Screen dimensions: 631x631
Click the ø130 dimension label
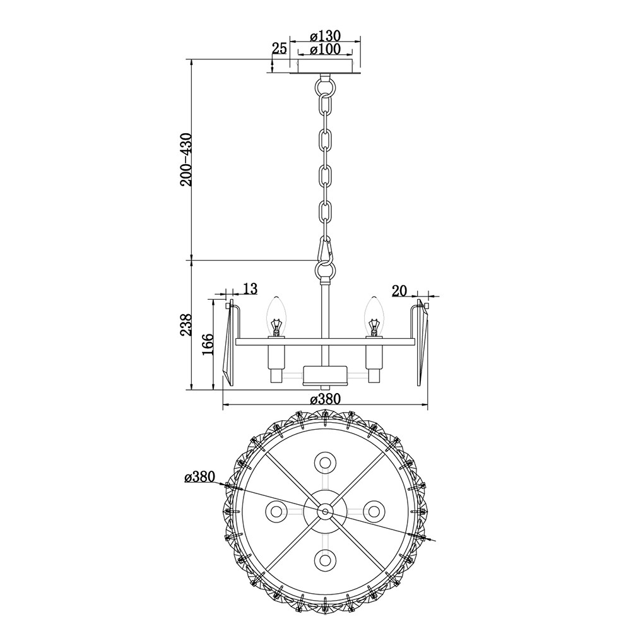325,35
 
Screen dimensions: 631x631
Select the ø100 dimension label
325,49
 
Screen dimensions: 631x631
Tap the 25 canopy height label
280,49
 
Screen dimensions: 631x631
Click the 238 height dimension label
186,324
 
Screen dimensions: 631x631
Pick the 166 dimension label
208,344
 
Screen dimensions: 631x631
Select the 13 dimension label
250,288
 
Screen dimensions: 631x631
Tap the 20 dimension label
399,290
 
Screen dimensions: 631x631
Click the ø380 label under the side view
325,399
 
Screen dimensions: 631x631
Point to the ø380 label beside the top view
199,477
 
